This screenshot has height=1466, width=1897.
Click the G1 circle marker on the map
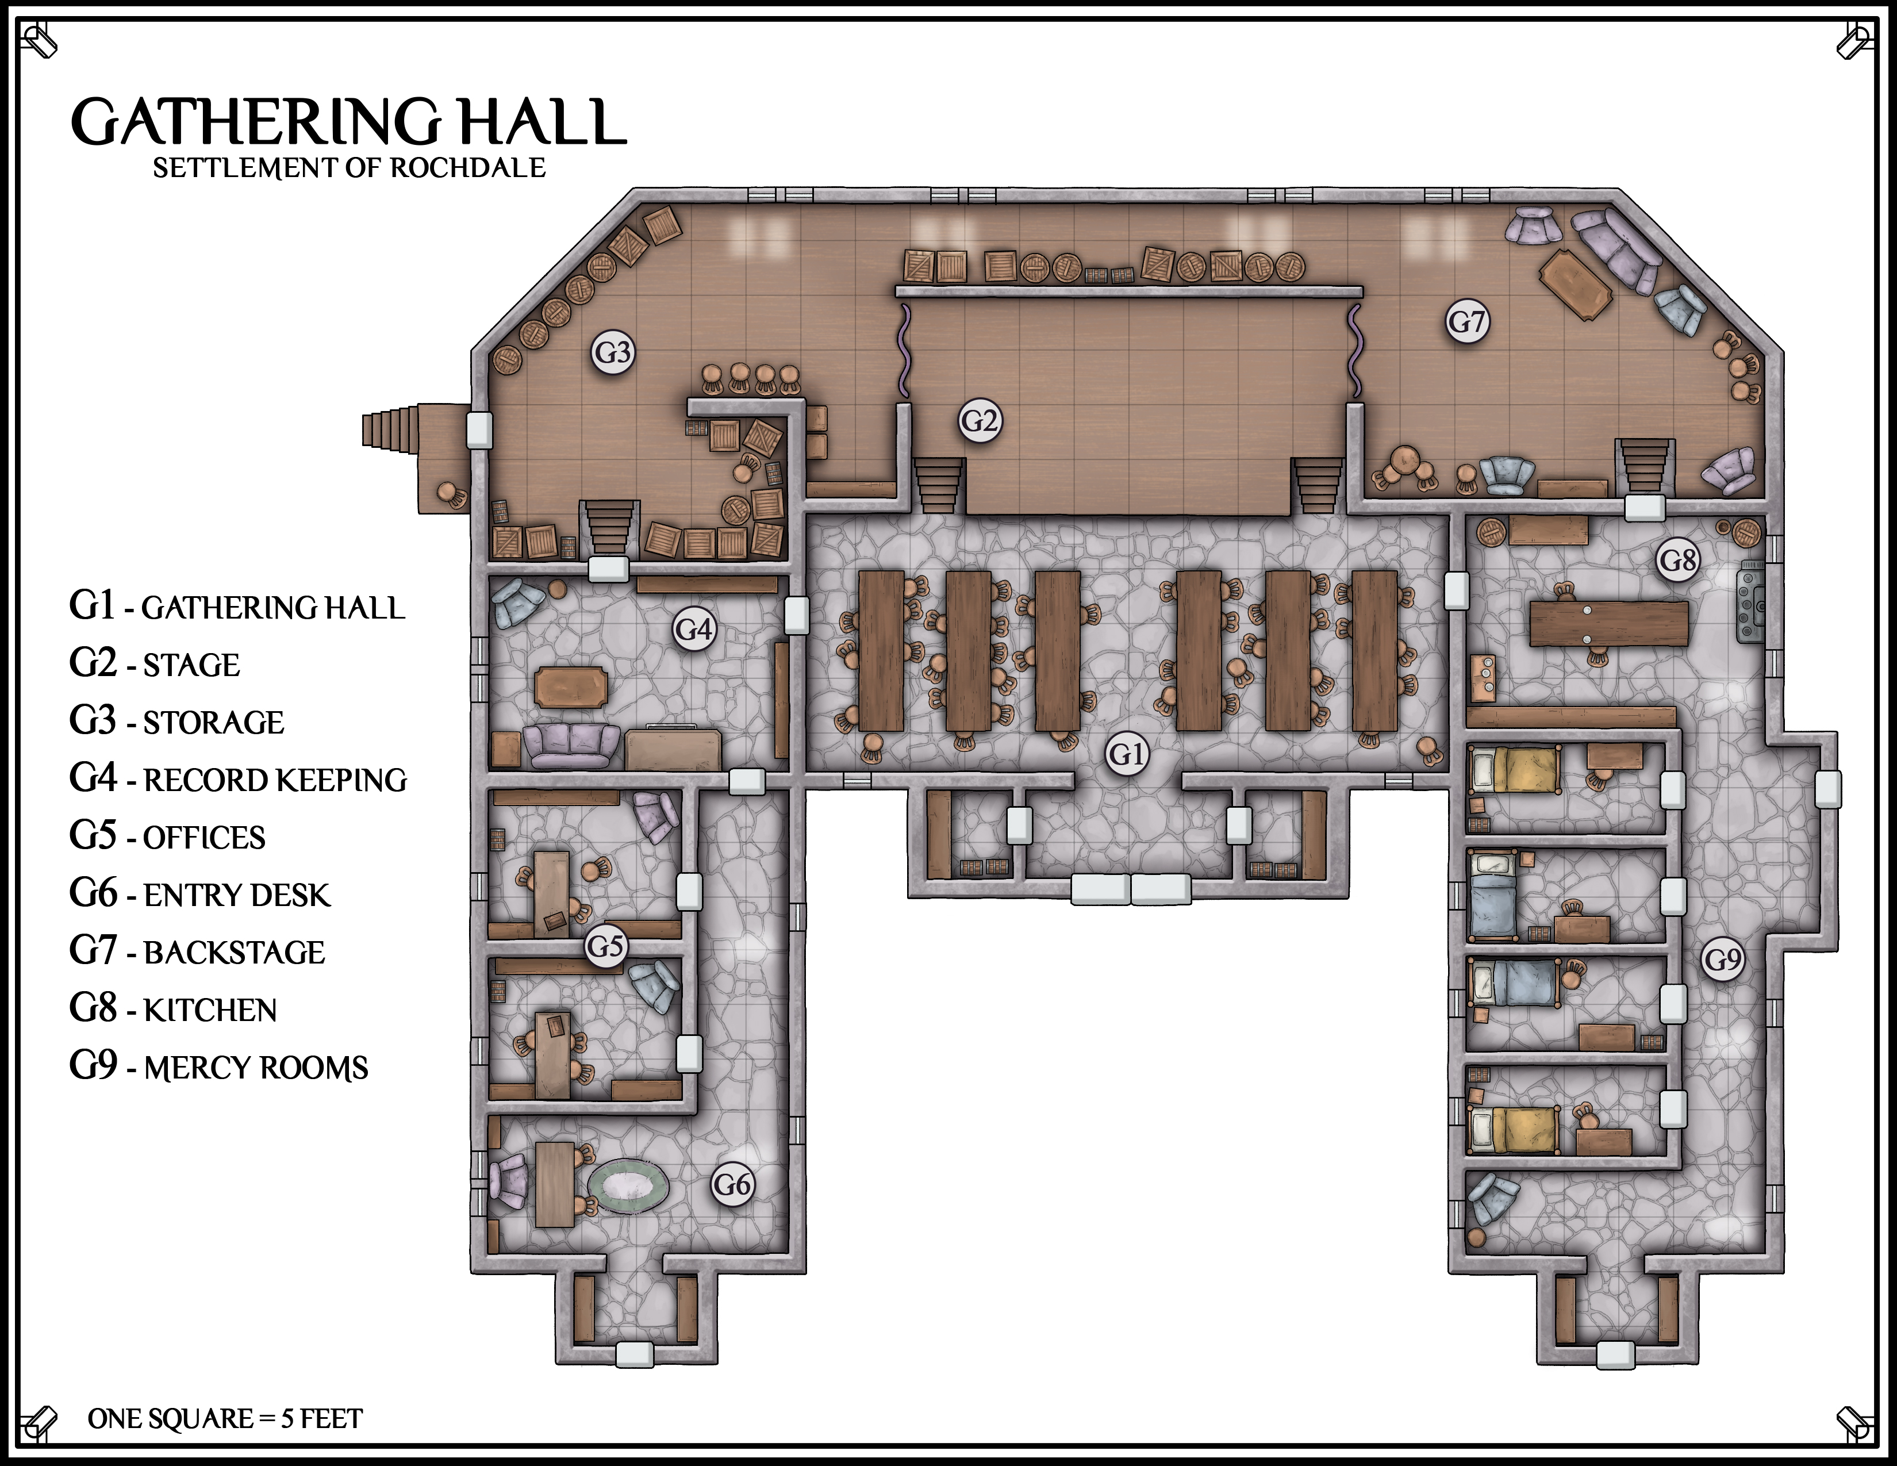(x=1127, y=753)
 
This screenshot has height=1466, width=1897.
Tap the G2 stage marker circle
(x=980, y=421)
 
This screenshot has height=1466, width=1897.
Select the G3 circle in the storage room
(x=613, y=352)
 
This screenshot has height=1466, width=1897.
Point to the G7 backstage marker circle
(x=1467, y=321)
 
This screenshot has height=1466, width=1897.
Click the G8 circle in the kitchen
(x=1677, y=560)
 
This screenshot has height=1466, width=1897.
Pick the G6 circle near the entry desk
(x=732, y=1184)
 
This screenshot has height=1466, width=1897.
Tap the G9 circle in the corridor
(x=1723, y=959)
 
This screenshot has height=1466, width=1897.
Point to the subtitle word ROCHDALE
(x=468, y=168)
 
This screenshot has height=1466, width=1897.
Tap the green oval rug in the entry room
(x=628, y=1187)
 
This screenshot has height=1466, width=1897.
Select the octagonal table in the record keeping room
(x=571, y=688)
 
